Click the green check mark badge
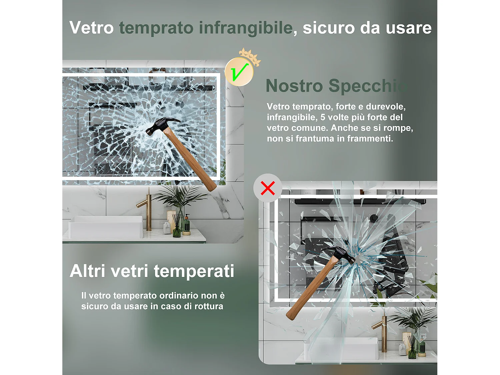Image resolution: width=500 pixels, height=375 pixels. pyautogui.click(x=239, y=72)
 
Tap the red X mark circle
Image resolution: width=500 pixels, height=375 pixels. pyautogui.click(x=268, y=188)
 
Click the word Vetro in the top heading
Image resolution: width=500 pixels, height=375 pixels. pyautogui.click(x=92, y=28)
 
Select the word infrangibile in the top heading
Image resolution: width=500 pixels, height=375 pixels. pyautogui.click(x=246, y=28)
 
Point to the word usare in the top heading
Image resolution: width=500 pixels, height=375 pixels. pyautogui.click(x=409, y=28)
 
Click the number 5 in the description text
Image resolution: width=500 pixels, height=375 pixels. pyautogui.click(x=323, y=117)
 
